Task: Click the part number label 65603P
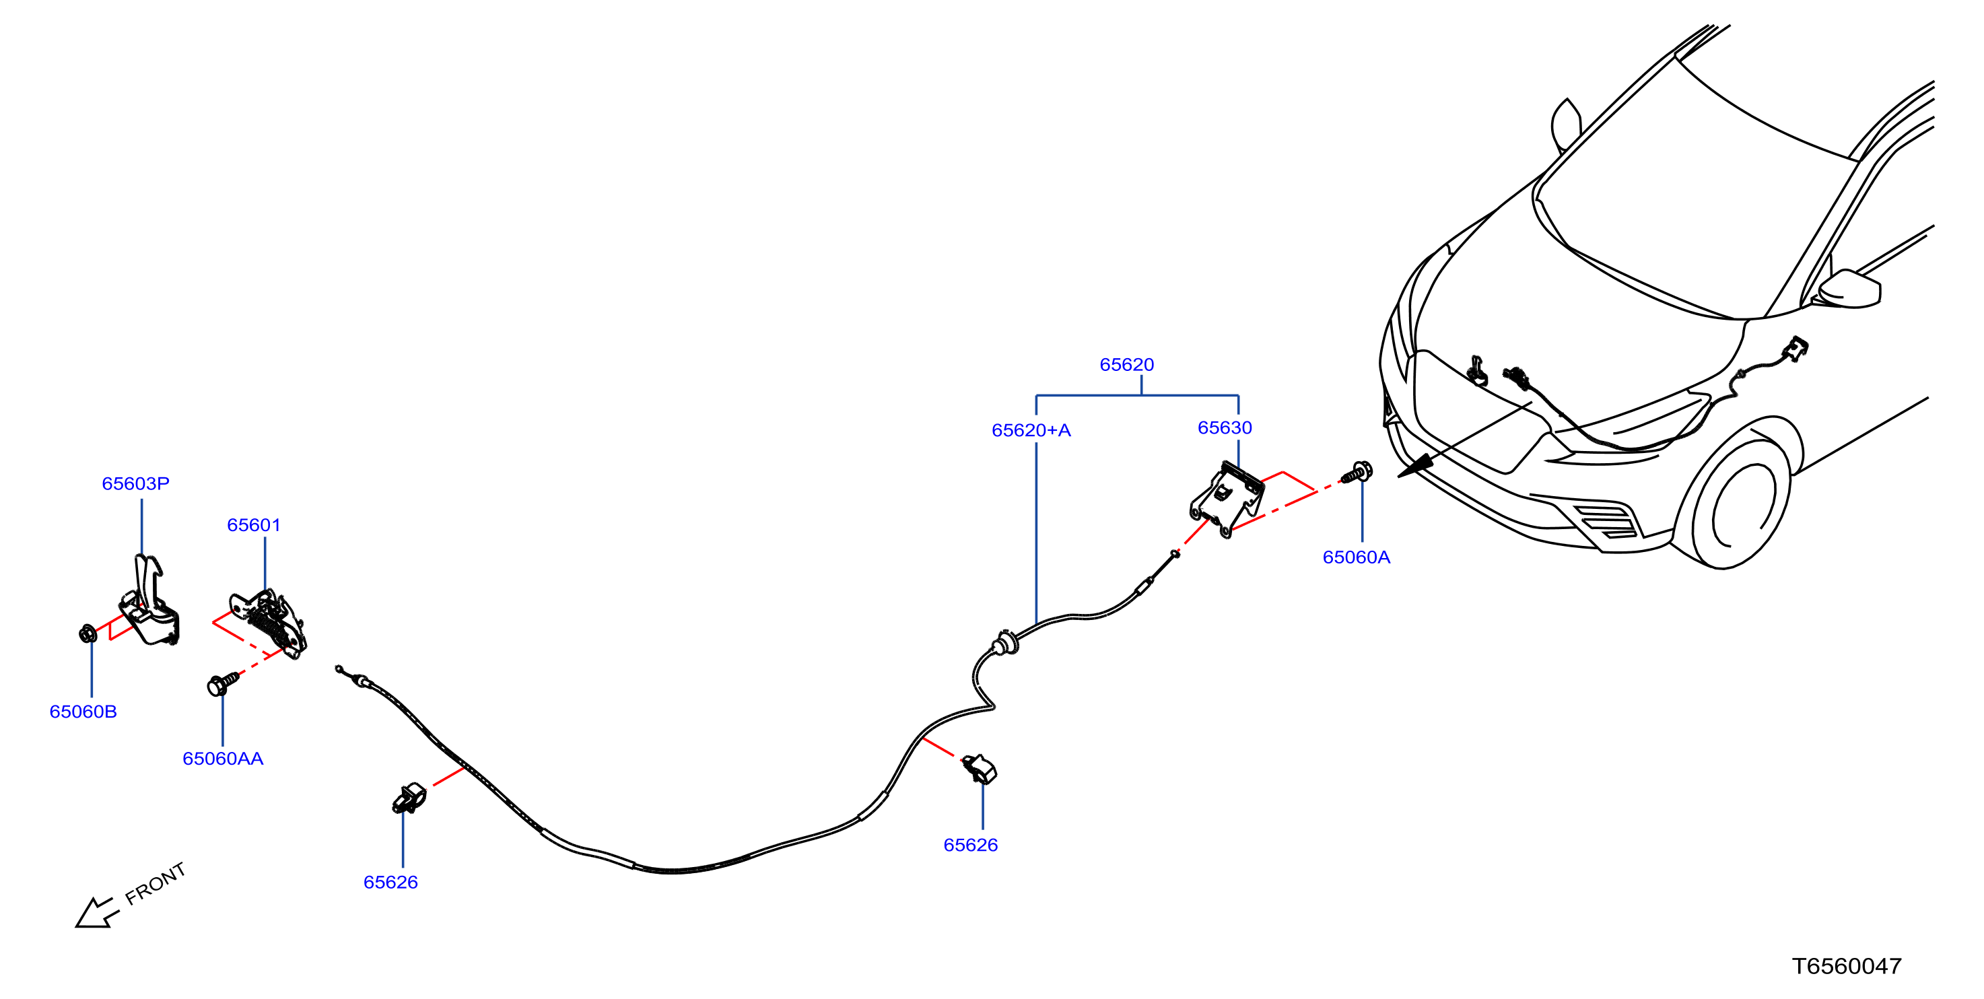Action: tap(135, 484)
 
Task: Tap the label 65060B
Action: tap(83, 712)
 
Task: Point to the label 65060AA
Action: tap(223, 759)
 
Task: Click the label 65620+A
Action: tap(1031, 431)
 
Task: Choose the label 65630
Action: tap(1225, 428)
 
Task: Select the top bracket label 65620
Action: tap(1127, 365)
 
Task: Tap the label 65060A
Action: tap(1357, 557)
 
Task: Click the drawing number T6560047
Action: tap(1847, 967)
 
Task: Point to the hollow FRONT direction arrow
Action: tap(98, 913)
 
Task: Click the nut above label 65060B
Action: tap(88, 634)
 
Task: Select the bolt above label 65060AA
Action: tap(224, 683)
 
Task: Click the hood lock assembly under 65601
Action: tap(269, 623)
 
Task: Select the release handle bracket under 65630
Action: tap(1227, 499)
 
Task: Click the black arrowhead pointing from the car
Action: tap(1416, 466)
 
